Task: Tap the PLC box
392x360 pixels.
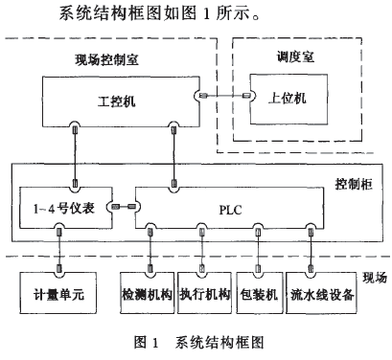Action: pos(230,206)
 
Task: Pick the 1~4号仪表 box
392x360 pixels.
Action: pos(64,206)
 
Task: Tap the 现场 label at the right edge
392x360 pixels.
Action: pos(377,278)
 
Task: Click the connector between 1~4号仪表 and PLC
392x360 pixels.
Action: pos(121,206)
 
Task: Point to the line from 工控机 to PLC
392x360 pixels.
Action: pos(174,153)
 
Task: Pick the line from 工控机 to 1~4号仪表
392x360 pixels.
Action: pos(73,153)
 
